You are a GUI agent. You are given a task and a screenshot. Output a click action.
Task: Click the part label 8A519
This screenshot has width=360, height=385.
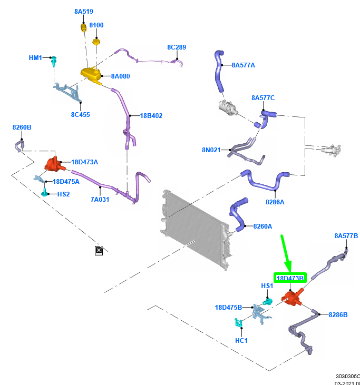85,11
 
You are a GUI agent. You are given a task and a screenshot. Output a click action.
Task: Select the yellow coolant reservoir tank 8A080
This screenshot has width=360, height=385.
91,75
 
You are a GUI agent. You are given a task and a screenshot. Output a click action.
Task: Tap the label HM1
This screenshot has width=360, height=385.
35,57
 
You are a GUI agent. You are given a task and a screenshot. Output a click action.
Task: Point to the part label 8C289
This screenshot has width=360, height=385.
177,47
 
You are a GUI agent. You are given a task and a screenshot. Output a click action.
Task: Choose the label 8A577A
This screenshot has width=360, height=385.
244,65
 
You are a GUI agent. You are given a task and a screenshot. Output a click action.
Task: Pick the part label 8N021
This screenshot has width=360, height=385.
211,150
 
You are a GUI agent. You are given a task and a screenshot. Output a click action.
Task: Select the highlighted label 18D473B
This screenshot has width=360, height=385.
290,278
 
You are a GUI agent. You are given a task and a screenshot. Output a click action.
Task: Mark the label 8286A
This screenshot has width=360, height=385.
275,202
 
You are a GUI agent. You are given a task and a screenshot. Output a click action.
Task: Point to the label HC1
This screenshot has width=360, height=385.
242,340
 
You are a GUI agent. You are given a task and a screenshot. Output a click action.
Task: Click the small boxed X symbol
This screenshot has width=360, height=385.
99,250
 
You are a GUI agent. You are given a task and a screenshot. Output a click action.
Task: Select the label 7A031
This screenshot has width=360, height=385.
100,200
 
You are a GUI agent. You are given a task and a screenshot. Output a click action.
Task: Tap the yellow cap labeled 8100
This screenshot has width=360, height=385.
96,42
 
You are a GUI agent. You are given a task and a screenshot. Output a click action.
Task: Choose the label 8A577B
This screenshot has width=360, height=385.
346,235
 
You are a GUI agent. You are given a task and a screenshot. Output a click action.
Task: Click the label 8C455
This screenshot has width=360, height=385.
80,114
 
